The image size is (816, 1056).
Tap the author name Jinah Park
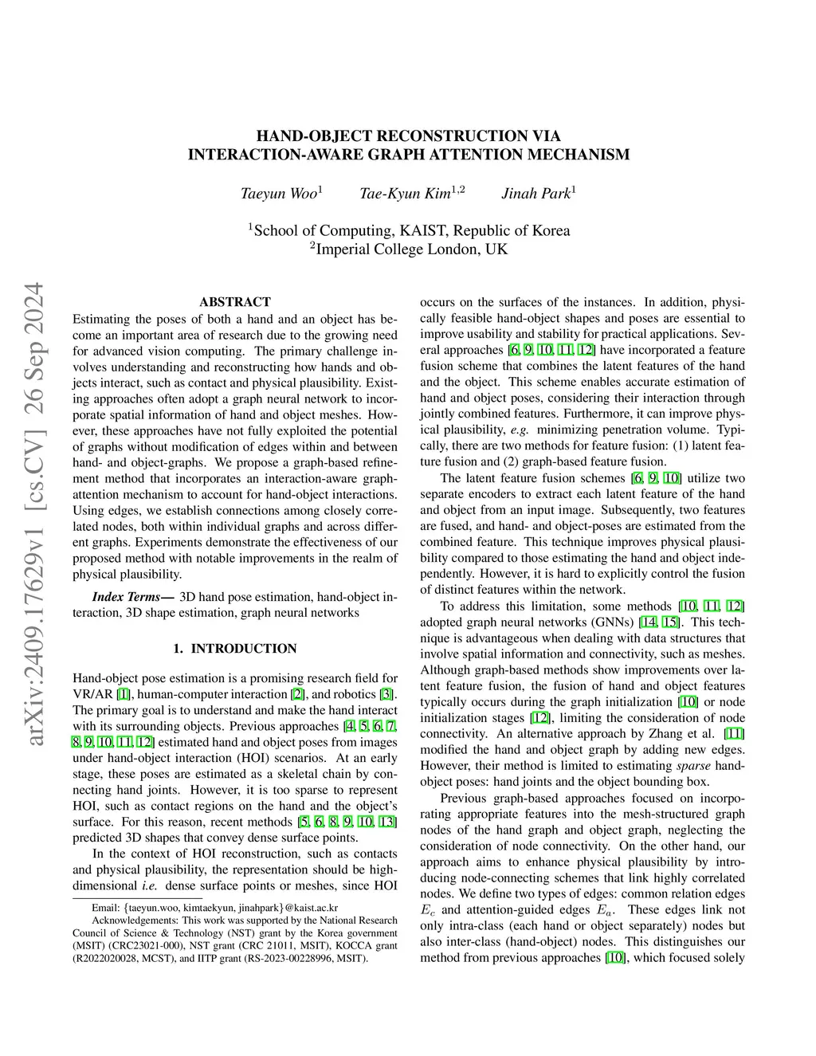pos(535,194)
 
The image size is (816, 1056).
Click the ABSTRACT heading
pos(235,302)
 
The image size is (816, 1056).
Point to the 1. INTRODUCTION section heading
pos(235,649)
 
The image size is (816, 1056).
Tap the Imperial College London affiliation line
pos(408,249)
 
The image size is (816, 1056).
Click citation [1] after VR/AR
pos(124,694)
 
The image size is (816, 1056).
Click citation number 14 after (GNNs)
pos(646,622)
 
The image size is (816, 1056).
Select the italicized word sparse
pos(693,766)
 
